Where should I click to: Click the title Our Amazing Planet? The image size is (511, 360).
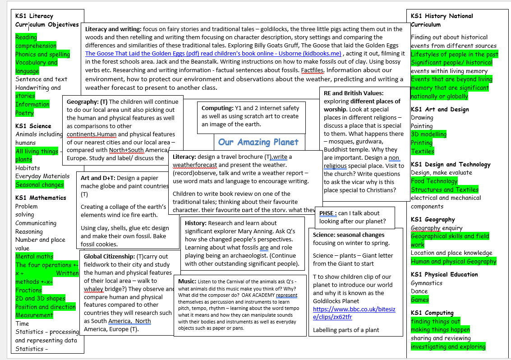click(258, 142)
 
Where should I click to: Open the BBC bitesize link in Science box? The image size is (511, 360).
click(354, 313)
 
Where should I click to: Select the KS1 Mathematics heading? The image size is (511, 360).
click(41, 198)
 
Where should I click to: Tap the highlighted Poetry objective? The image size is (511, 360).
click(24, 113)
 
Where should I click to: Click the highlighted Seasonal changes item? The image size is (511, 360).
click(40, 185)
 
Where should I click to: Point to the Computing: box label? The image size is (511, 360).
click(217, 108)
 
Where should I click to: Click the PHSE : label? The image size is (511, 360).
click(327, 213)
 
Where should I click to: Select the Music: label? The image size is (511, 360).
click(187, 282)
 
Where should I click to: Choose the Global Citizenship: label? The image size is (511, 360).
click(109, 256)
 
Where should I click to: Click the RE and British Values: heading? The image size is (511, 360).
click(354, 93)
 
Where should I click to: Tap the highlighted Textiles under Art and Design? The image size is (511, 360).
click(422, 151)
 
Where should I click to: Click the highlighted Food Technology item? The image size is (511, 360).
click(434, 181)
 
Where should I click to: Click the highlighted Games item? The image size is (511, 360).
click(419, 300)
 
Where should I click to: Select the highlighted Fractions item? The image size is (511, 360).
click(28, 290)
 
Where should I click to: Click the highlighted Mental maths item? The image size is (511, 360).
click(34, 256)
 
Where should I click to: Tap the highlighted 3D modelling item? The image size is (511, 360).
click(428, 134)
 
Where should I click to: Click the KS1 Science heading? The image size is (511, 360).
click(33, 126)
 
